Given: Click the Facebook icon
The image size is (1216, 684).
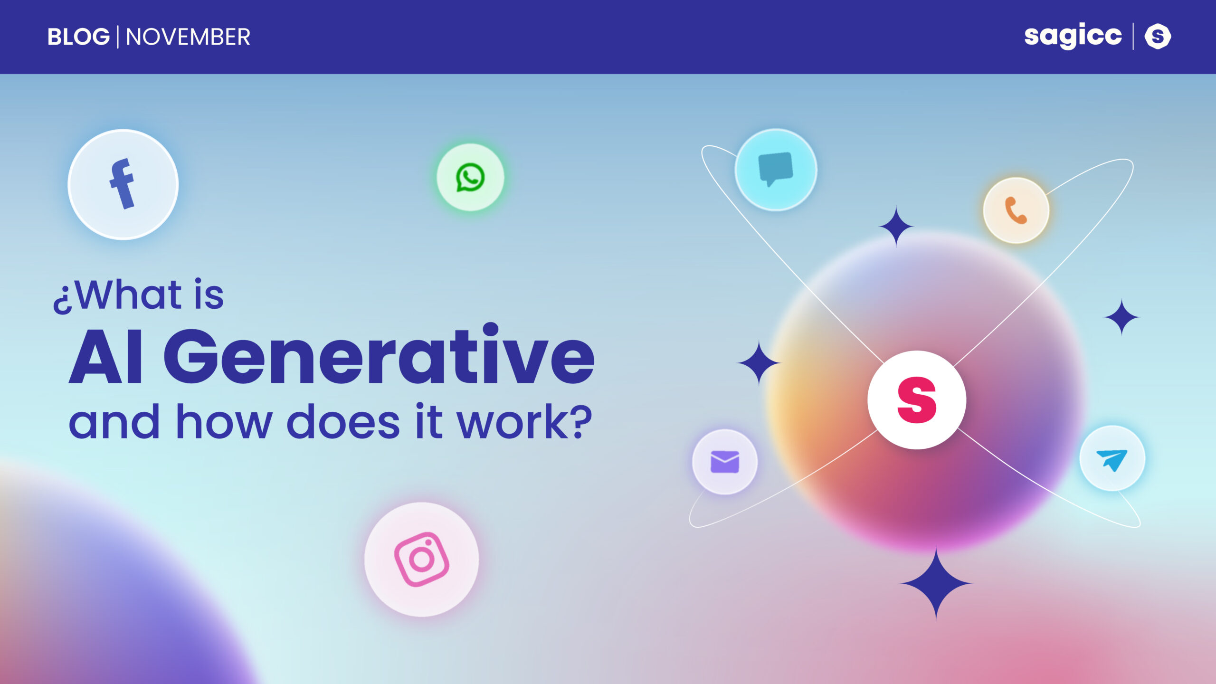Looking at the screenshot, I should click(x=123, y=184).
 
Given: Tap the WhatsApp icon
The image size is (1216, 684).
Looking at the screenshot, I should click(x=470, y=177).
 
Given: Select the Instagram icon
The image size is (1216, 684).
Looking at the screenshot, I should click(x=422, y=560).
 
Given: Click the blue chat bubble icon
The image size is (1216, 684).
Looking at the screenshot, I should click(x=776, y=169).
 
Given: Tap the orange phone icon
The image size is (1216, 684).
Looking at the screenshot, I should click(x=1016, y=210).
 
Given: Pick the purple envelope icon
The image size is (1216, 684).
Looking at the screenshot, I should click(x=725, y=462).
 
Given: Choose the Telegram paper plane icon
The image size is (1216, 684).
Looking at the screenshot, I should click(x=1112, y=459).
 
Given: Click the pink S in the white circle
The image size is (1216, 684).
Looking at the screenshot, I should click(x=917, y=400).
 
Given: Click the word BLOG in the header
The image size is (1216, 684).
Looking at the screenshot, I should click(x=78, y=37).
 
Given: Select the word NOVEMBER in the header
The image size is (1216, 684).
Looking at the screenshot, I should click(x=188, y=37).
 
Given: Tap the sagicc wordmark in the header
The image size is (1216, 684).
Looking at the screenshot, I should click(x=1073, y=36).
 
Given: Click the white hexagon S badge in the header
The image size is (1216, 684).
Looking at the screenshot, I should click(x=1158, y=37).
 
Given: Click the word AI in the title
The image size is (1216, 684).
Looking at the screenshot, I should click(x=106, y=356).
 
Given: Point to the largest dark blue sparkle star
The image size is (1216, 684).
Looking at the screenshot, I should click(x=936, y=583).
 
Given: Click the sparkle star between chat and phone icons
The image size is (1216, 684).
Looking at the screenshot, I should click(x=896, y=227).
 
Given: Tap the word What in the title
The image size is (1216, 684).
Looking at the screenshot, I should click(x=127, y=294).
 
